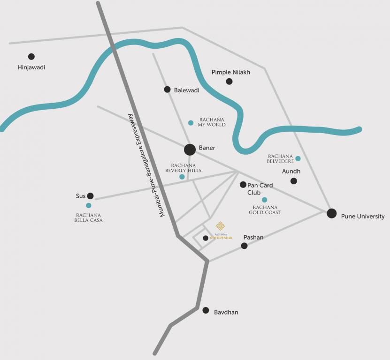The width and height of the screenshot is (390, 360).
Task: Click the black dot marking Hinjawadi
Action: (31, 57)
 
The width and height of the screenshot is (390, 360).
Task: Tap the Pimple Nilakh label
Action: (231, 72)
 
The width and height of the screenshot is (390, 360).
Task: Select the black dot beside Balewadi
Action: (167, 90)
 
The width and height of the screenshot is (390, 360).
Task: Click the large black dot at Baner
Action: (190, 150)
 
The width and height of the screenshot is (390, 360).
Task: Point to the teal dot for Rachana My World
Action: (191, 123)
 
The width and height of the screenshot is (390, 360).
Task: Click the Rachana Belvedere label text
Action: (280, 159)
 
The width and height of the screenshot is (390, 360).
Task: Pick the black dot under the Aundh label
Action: (294, 181)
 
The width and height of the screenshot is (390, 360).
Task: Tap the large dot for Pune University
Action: (332, 213)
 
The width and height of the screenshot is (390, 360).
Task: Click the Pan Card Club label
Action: (260, 189)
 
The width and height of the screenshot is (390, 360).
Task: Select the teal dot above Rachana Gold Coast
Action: (264, 200)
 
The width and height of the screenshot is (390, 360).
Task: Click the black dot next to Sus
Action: (91, 196)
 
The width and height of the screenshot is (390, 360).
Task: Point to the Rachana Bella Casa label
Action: (88, 217)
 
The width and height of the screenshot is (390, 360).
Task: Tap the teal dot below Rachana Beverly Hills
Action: (182, 177)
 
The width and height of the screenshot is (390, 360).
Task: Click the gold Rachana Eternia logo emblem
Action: (220, 226)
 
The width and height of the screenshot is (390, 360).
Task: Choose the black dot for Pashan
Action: (244, 246)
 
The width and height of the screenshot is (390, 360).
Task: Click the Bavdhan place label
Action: (226, 312)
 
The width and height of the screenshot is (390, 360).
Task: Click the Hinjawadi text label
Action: (31, 67)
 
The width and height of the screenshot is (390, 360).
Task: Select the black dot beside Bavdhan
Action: (206, 310)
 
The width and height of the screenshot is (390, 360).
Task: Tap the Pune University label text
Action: (363, 217)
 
